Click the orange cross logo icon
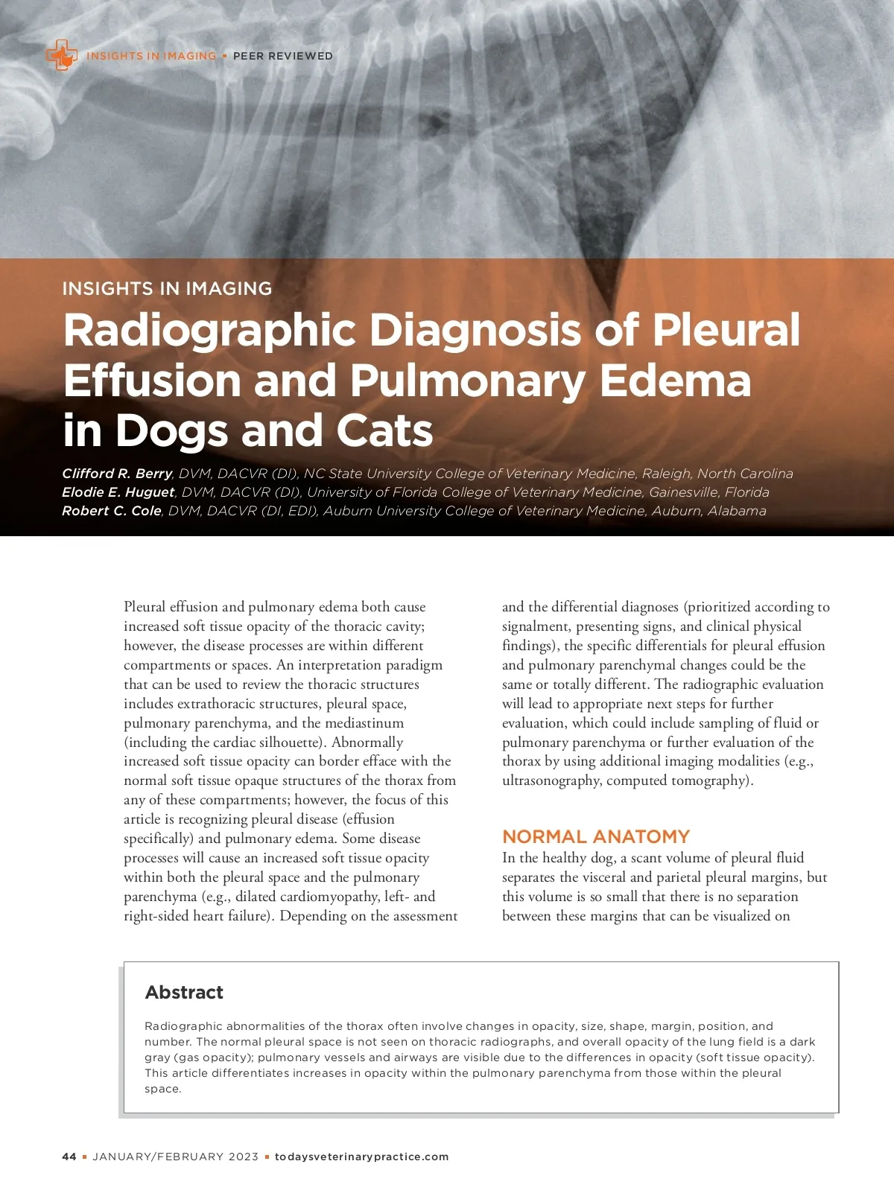[x=61, y=55]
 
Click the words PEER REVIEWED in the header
[x=283, y=56]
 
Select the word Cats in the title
[x=384, y=430]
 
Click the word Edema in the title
[x=675, y=381]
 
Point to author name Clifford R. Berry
[x=117, y=474]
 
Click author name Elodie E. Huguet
[x=118, y=492]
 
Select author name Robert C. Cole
[x=112, y=511]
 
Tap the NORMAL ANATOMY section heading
[x=596, y=836]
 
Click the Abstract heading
[x=184, y=992]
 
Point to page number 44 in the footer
[x=69, y=1157]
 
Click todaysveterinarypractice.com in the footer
[x=362, y=1157]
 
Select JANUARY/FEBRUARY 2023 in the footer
[x=176, y=1157]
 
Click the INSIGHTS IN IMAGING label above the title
[x=167, y=288]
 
